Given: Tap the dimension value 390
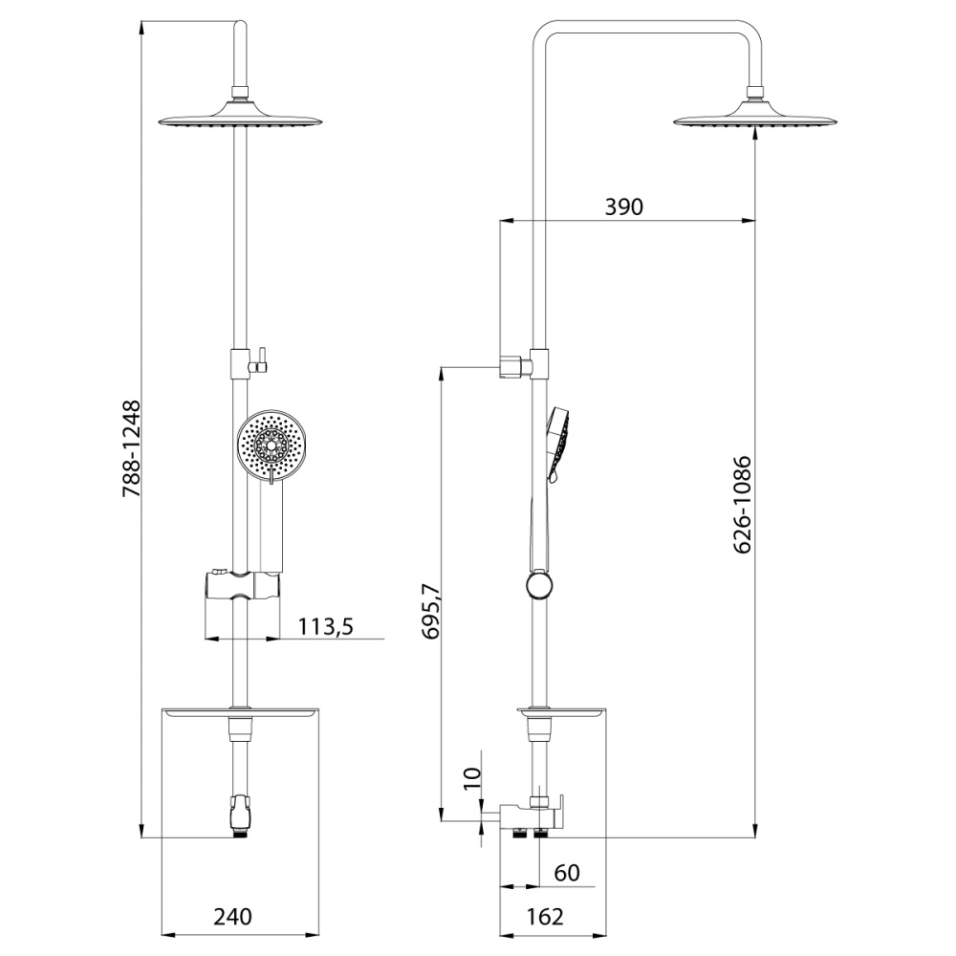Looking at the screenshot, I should (x=623, y=206).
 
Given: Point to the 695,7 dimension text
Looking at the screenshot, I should (x=429, y=616).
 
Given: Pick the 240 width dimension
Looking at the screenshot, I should (x=232, y=917).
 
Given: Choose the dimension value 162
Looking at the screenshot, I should (x=544, y=917).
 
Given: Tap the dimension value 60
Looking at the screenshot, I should (x=566, y=874).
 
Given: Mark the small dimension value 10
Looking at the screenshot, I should (x=469, y=778).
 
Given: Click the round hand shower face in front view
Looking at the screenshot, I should (x=272, y=445).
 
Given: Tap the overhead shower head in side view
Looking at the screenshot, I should (x=756, y=119).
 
